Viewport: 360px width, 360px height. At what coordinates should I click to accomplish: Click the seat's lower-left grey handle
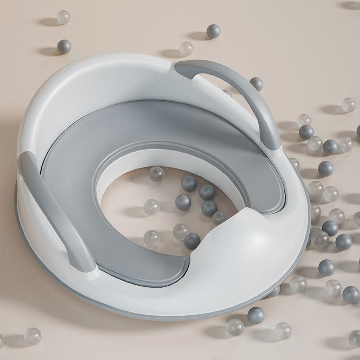point(54,211)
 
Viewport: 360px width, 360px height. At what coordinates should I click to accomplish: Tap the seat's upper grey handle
point(234,85)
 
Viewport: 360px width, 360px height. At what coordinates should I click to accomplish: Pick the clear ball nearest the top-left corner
point(63,17)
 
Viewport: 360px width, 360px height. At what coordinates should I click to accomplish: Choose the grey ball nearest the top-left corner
point(64,46)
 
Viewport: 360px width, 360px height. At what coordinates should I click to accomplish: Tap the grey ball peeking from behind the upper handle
point(256,83)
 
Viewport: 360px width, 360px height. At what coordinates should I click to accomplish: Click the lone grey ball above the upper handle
point(213,31)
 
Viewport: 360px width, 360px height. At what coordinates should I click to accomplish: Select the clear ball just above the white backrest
point(186,48)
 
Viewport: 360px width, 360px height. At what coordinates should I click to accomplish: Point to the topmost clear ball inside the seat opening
point(157,174)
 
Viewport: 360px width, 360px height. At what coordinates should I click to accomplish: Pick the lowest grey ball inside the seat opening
point(192,241)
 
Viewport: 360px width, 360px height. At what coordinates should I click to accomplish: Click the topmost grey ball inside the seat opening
point(189,183)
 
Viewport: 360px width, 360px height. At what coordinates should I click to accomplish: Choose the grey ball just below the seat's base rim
point(256,315)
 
